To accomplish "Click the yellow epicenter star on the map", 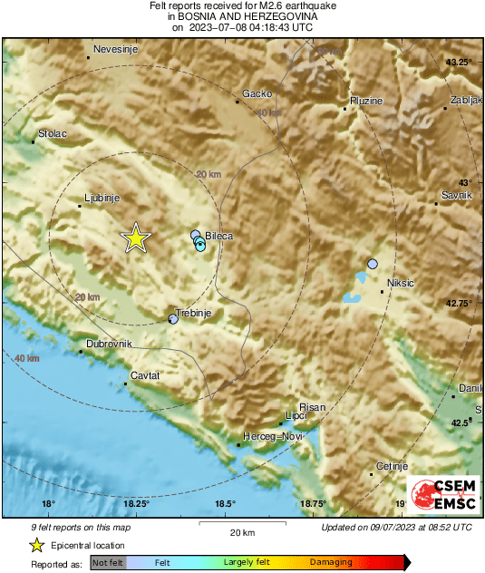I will [135, 238].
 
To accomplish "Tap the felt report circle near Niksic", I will [373, 264].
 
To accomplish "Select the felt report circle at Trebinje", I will [174, 318].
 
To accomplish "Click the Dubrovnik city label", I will [109, 344].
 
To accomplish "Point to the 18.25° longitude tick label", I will [137, 504].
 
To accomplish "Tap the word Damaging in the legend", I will [331, 562].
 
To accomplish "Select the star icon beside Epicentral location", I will [37, 545].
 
